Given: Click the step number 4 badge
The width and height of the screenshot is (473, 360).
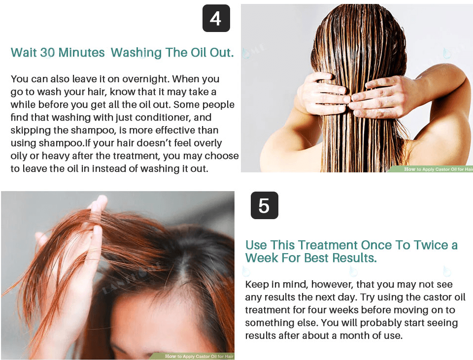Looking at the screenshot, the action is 216,18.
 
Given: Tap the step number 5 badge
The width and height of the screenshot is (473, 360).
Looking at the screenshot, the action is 264,205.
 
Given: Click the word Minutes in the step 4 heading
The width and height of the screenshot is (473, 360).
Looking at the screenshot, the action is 81,53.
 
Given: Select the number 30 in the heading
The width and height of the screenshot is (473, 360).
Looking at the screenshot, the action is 47,53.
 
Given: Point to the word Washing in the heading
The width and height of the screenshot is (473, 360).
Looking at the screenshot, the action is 136,53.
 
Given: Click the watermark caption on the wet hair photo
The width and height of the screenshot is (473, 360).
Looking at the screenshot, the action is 438,169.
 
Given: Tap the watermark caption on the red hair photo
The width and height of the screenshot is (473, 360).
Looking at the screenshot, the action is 199,357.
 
